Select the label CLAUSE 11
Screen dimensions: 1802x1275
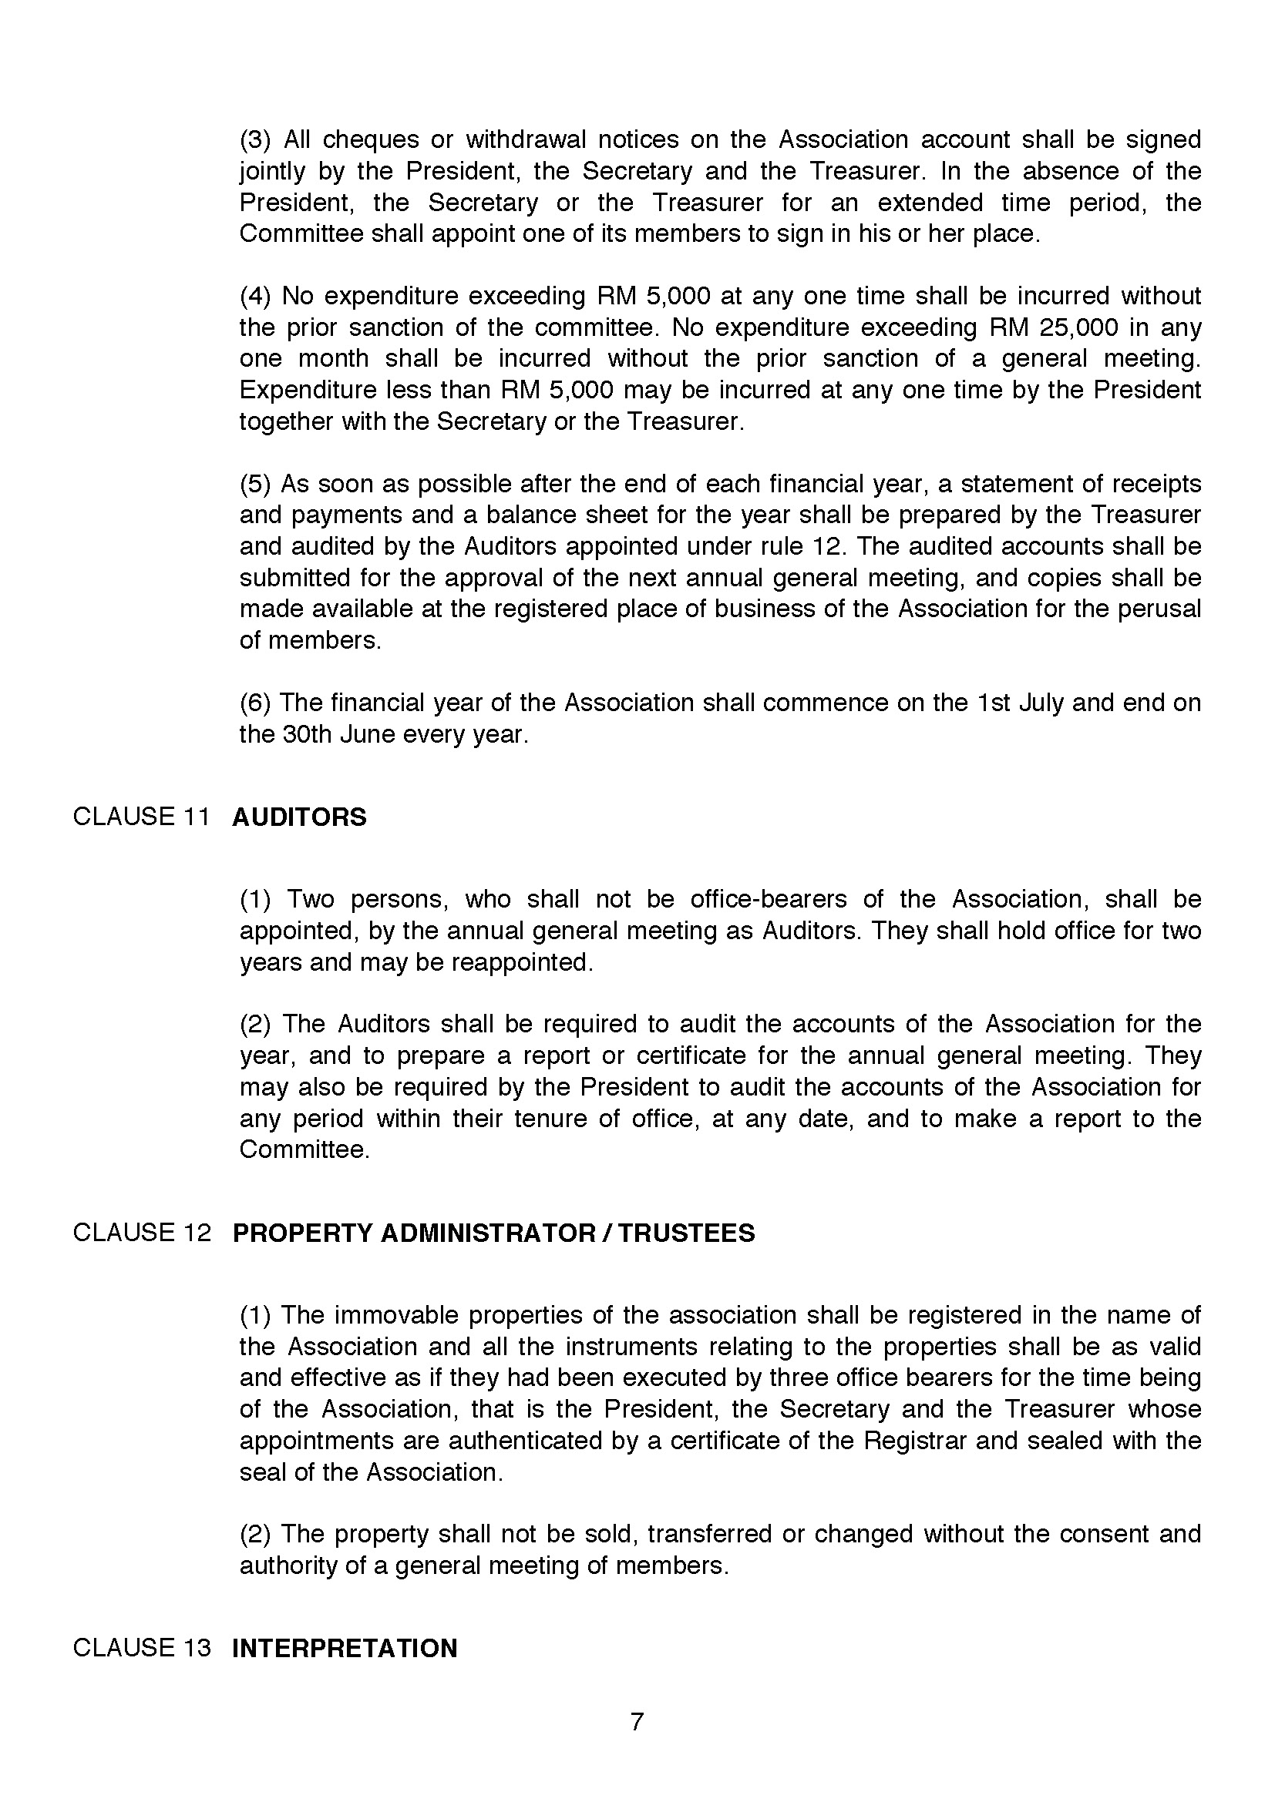coord(141,817)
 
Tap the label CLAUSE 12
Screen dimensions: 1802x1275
coord(142,1232)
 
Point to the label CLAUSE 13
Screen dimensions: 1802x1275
coord(142,1647)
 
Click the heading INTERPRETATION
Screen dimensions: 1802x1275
coord(345,1647)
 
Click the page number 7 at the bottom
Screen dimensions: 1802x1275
coord(637,1722)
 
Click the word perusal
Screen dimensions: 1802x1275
coord(1157,609)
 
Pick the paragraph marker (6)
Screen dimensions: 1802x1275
coord(255,703)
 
